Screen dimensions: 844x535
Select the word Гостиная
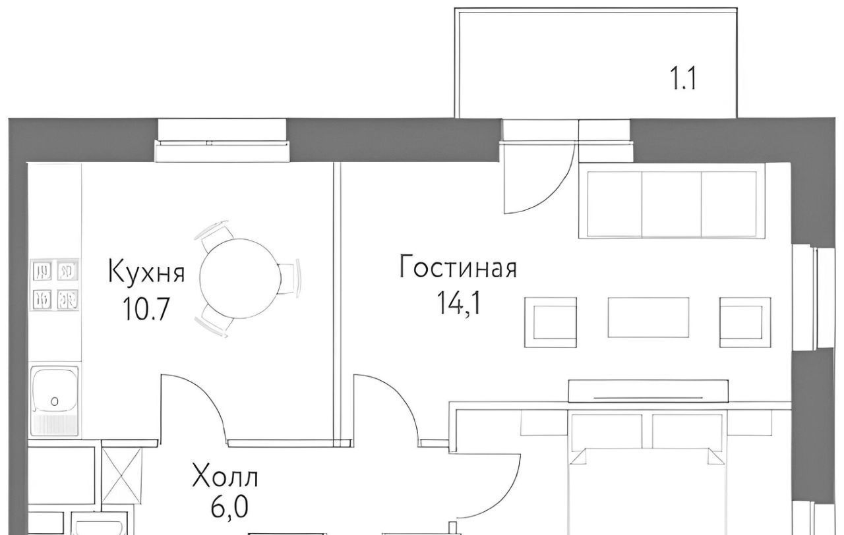pyautogui.click(x=458, y=266)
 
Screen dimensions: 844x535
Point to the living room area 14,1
pyautogui.click(x=458, y=304)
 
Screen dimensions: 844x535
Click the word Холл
pyautogui.click(x=225, y=477)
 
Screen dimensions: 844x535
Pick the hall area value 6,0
pyautogui.click(x=229, y=507)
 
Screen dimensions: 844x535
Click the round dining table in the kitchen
pyautogui.click(x=241, y=279)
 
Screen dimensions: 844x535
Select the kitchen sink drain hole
pyautogui.click(x=54, y=402)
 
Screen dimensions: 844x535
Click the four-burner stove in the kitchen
pyautogui.click(x=55, y=285)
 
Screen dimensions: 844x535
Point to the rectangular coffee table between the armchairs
pyautogui.click(x=648, y=318)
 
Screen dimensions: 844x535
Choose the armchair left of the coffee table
pyautogui.click(x=551, y=322)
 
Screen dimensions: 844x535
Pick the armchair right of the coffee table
pyautogui.click(x=745, y=322)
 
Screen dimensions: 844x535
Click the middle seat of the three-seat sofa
pyautogui.click(x=671, y=204)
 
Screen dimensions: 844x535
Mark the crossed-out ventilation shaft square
pyautogui.click(x=122, y=476)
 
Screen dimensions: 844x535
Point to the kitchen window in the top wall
pyautogui.click(x=222, y=141)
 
